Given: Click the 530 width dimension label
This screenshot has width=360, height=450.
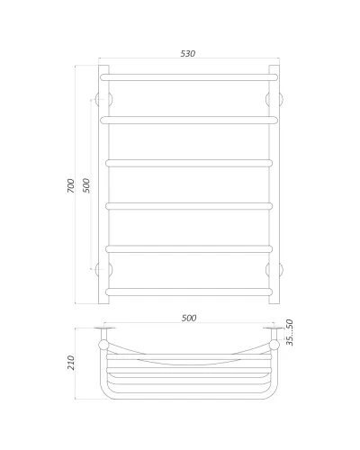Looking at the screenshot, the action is tap(188, 53).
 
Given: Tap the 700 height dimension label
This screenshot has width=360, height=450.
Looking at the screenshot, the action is tap(70, 185).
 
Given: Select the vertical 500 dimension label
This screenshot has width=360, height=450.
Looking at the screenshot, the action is tap(86, 185).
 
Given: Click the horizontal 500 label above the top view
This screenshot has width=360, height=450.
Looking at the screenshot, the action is tap(189, 318).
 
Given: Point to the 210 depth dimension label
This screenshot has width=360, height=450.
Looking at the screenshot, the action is tap(70, 363).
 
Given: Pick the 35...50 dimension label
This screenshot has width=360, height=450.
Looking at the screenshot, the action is tap(290, 332).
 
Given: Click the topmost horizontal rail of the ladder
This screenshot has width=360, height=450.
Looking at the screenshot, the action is tap(189, 77).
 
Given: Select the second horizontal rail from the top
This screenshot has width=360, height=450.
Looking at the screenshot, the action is tap(189, 121).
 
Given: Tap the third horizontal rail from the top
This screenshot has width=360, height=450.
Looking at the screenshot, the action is tap(189, 163).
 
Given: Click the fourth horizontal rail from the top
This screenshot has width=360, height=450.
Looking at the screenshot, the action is tap(189, 206).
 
